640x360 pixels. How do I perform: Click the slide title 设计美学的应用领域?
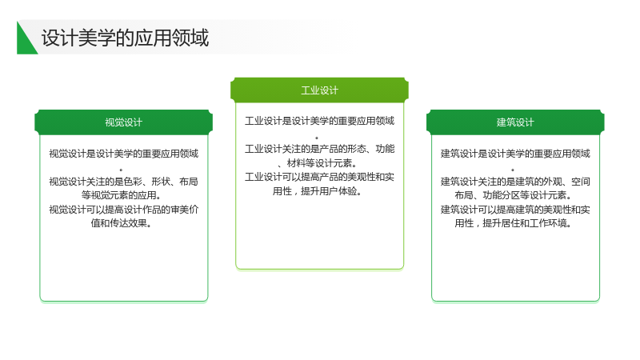pyautogui.click(x=125, y=38)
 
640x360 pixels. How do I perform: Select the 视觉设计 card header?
pyautogui.click(x=124, y=122)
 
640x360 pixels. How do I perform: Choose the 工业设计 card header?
pyautogui.click(x=319, y=90)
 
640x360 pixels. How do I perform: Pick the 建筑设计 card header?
pyautogui.click(x=515, y=122)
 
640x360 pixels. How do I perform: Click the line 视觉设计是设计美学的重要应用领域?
pyautogui.click(x=124, y=154)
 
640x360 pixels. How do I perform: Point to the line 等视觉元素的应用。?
pyautogui.click(x=122, y=195)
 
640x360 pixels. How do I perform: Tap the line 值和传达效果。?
pyautogui.click(x=122, y=223)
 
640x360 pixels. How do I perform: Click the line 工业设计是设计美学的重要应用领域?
pyautogui.click(x=319, y=121)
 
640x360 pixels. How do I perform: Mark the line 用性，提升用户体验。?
pyautogui.click(x=317, y=191)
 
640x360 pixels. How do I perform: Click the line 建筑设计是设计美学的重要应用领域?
pyautogui.click(x=515, y=154)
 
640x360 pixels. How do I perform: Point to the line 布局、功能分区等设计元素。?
pyautogui.click(x=513, y=195)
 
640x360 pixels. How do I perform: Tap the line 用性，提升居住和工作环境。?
pyautogui.click(x=513, y=223)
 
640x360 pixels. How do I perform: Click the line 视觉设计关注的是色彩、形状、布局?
pyautogui.click(x=124, y=182)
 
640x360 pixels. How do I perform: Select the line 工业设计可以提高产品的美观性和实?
pyautogui.click(x=319, y=177)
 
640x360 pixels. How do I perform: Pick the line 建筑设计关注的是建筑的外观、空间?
pyautogui.click(x=515, y=182)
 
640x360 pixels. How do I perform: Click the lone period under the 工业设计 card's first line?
pyautogui.click(x=317, y=138)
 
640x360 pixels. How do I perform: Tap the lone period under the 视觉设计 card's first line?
pyautogui.click(x=121, y=170)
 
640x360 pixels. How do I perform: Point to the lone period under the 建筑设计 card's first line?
pyautogui.click(x=513, y=170)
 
